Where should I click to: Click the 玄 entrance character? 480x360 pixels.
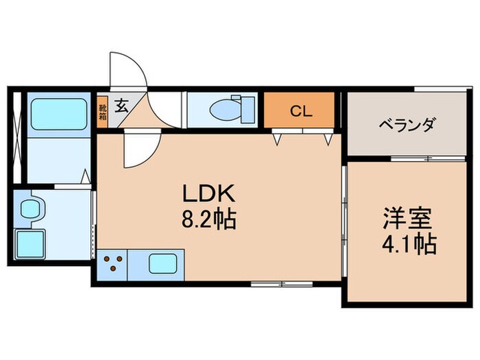(x=121, y=106)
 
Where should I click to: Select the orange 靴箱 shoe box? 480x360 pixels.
(x=103, y=110)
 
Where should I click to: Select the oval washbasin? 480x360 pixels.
(x=30, y=208)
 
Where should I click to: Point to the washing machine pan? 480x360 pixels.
(x=31, y=244)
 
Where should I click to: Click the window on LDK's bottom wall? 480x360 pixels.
(x=272, y=283)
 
